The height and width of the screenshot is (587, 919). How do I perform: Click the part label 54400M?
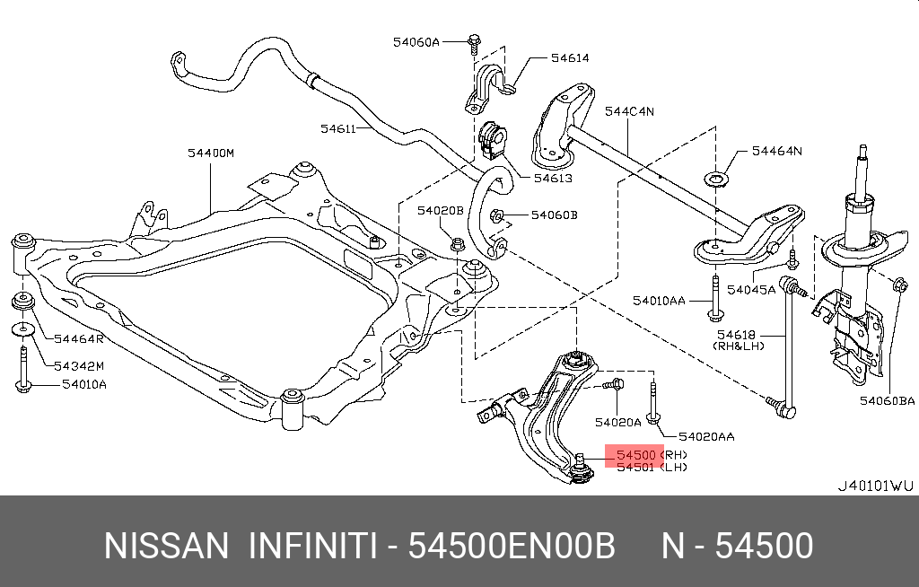point(210,153)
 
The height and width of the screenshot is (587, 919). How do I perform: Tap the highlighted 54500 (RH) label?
point(652,455)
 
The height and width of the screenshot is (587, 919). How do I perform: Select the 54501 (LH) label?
point(652,468)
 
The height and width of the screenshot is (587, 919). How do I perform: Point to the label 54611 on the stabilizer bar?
point(338,128)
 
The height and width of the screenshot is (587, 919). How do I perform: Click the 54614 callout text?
point(570,58)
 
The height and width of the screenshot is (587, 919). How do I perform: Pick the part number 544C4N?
point(629,111)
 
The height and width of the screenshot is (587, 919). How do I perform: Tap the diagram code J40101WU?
point(875,486)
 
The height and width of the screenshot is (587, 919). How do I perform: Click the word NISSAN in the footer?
point(166,546)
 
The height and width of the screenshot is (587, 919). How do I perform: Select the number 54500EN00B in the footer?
point(511,546)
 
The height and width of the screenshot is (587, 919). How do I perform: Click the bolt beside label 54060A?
point(474,45)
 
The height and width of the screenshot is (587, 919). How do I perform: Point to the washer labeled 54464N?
point(715,179)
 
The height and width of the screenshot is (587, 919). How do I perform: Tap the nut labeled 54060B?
point(496,217)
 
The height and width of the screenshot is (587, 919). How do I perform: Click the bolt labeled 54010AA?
point(715,298)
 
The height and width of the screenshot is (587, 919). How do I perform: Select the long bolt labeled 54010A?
point(22,369)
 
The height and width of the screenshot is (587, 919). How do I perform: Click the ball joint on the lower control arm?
point(581,469)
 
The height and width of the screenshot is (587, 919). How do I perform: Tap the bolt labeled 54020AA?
point(653,403)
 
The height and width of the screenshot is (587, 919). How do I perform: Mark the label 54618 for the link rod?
point(737,335)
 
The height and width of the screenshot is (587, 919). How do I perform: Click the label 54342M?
point(79,366)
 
